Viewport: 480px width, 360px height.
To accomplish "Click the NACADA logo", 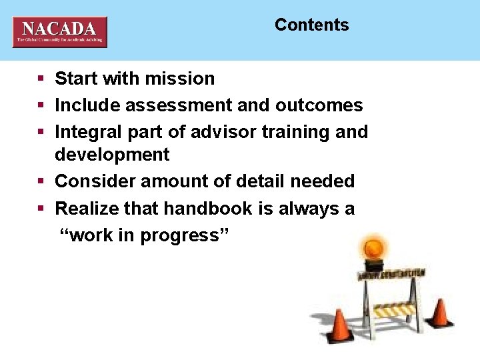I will (59, 31).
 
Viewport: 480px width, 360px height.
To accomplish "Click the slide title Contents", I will (311, 25).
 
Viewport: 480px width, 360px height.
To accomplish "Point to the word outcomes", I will (319, 105).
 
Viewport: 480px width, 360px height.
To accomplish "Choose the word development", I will (112, 155).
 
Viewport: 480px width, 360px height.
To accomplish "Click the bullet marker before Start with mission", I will (41, 79).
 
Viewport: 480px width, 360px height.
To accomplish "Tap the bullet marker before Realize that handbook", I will (41, 209).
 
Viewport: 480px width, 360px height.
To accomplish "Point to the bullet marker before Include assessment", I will (41, 106).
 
